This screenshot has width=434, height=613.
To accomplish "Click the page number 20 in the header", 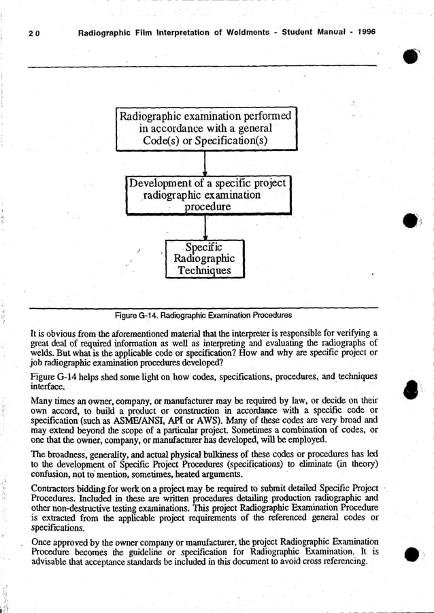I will click(x=33, y=33).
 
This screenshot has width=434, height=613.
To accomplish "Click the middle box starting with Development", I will click(x=209, y=195).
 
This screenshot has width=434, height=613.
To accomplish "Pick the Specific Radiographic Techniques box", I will click(x=204, y=259).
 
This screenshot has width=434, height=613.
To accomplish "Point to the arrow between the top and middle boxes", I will click(x=205, y=163).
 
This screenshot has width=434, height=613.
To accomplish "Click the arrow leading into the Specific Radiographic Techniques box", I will click(x=205, y=227).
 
